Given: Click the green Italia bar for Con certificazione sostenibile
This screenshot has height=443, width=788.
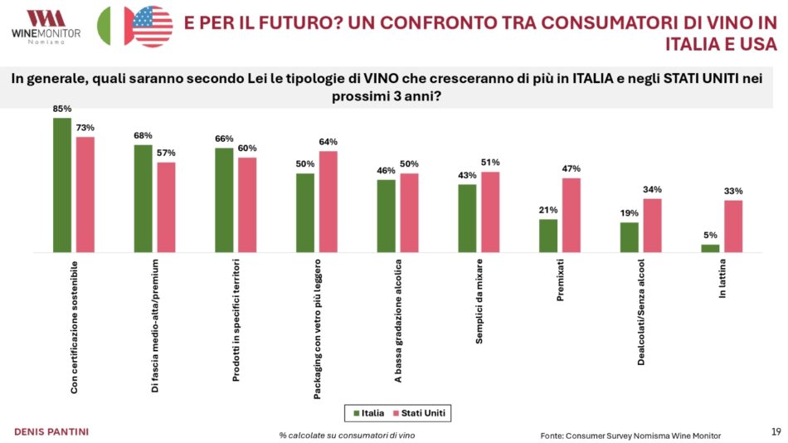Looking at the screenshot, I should [62, 185].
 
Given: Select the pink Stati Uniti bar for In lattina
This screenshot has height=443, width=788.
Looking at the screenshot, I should [732, 226].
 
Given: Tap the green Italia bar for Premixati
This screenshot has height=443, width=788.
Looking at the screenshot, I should [548, 236].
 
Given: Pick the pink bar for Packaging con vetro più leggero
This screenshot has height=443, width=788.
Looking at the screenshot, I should [328, 202].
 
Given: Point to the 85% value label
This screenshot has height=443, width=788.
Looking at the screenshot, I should [62, 109].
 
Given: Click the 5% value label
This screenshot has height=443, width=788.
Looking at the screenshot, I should [710, 235].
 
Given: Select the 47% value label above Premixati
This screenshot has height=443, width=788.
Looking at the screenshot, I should [571, 168].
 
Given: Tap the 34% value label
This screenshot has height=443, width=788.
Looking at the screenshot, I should [652, 189].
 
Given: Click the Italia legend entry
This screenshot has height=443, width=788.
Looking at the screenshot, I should [367, 411].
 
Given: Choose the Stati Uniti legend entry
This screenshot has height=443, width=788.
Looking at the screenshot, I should [424, 411].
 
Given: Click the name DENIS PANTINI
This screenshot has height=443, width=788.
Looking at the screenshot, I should [51, 431].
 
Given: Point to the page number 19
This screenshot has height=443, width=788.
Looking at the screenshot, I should [776, 431].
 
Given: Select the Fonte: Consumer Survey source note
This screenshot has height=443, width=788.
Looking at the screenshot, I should [630, 436].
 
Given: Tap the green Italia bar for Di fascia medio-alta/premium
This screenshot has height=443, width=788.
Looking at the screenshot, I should [143, 198].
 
